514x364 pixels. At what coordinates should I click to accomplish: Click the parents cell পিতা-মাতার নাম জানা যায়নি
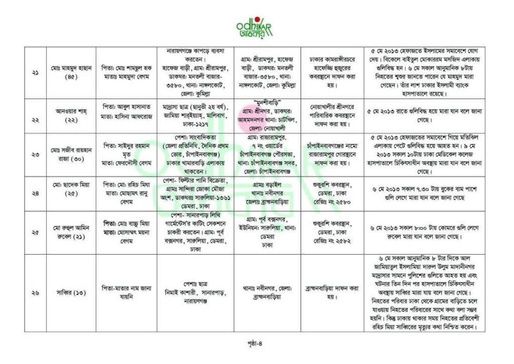coord(126,293)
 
